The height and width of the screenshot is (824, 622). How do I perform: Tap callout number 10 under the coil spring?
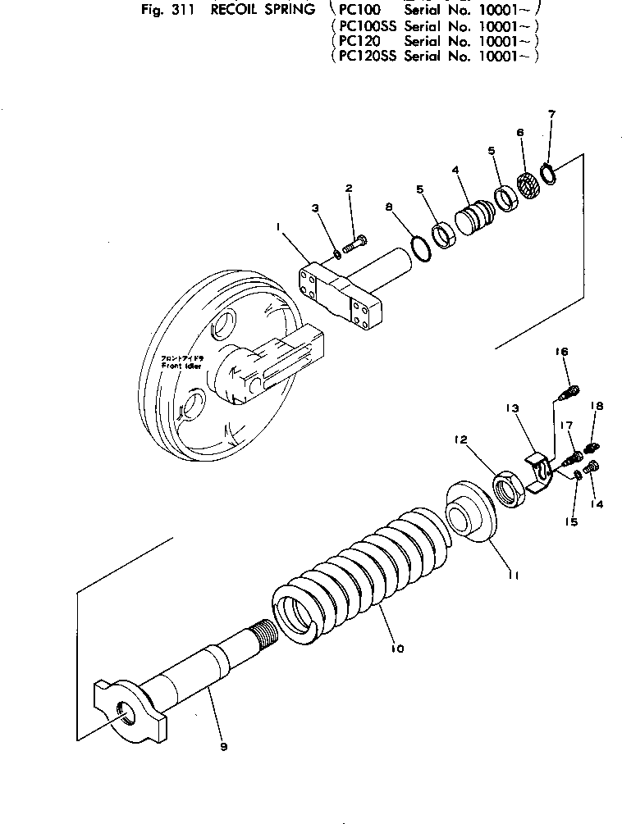(x=396, y=649)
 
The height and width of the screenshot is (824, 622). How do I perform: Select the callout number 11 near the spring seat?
(x=513, y=576)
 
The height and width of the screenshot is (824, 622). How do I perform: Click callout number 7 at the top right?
(x=551, y=113)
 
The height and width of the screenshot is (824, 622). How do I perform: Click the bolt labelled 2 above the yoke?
(x=354, y=242)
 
